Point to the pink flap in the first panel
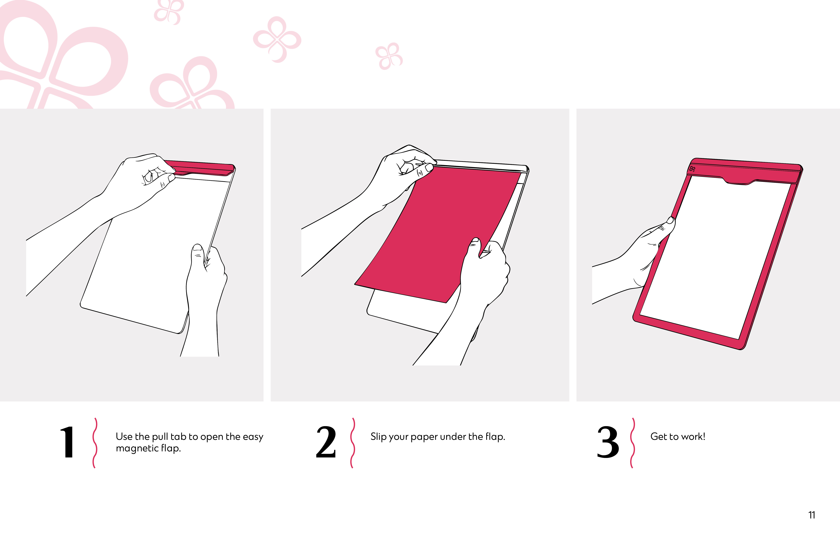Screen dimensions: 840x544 click(201, 168)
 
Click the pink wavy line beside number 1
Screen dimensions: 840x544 click(95, 443)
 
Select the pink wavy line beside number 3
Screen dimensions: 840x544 click(632, 443)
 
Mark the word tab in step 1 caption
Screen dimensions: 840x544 click(179, 437)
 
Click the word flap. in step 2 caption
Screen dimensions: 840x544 click(495, 437)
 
